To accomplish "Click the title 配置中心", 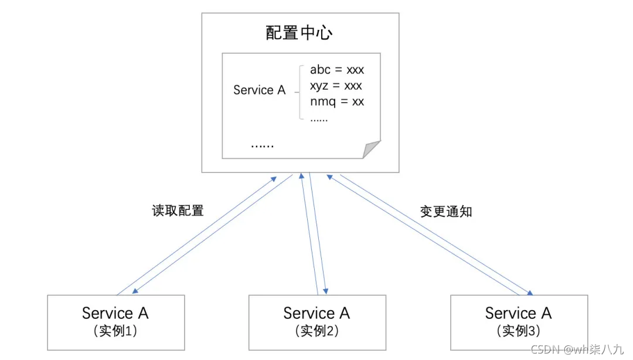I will (x=299, y=32).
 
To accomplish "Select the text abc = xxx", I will (x=337, y=70).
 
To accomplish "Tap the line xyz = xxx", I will (x=336, y=86).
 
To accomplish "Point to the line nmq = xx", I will (x=337, y=101).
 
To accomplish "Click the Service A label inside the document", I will (x=259, y=90).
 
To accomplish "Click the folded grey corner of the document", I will (x=372, y=150).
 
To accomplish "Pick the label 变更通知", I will (x=446, y=212).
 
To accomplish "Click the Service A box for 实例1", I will (x=115, y=322).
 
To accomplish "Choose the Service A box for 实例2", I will (x=317, y=322).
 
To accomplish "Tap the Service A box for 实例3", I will (x=518, y=322).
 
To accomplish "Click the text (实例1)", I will (x=115, y=331).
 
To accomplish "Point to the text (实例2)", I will (x=317, y=331).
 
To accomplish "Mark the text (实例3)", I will (x=518, y=331).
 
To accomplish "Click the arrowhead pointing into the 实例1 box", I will (x=135, y=291).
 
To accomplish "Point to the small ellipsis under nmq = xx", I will (x=319, y=119).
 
